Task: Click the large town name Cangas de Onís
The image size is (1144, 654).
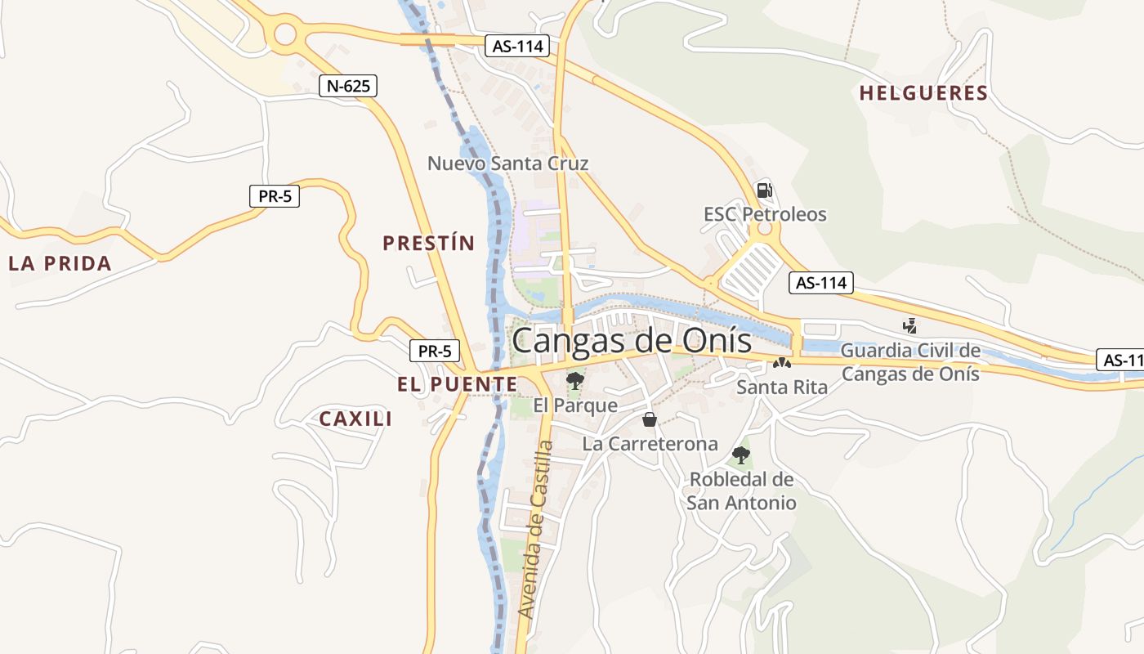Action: [631, 340]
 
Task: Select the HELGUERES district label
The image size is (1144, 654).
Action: [923, 93]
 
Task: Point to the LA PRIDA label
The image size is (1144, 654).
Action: [60, 263]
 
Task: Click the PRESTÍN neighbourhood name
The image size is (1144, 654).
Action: [428, 243]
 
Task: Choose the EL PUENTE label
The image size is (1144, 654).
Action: [457, 384]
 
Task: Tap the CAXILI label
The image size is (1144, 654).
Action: [355, 419]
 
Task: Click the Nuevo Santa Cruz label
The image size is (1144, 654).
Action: [507, 163]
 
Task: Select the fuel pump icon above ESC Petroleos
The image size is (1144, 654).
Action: [764, 190]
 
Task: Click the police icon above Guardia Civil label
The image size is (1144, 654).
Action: [909, 325]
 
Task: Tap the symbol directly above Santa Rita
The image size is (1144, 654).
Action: [782, 363]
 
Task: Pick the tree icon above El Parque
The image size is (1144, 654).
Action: [575, 380]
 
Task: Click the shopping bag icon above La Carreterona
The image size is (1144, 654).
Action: [650, 419]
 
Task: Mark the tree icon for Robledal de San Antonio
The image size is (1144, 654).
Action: [741, 455]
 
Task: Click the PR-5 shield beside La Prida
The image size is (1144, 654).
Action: [275, 196]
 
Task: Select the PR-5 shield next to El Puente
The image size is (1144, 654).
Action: [435, 352]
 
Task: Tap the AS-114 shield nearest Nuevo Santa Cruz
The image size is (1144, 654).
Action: [518, 46]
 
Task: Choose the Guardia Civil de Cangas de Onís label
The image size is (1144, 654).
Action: [910, 362]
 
